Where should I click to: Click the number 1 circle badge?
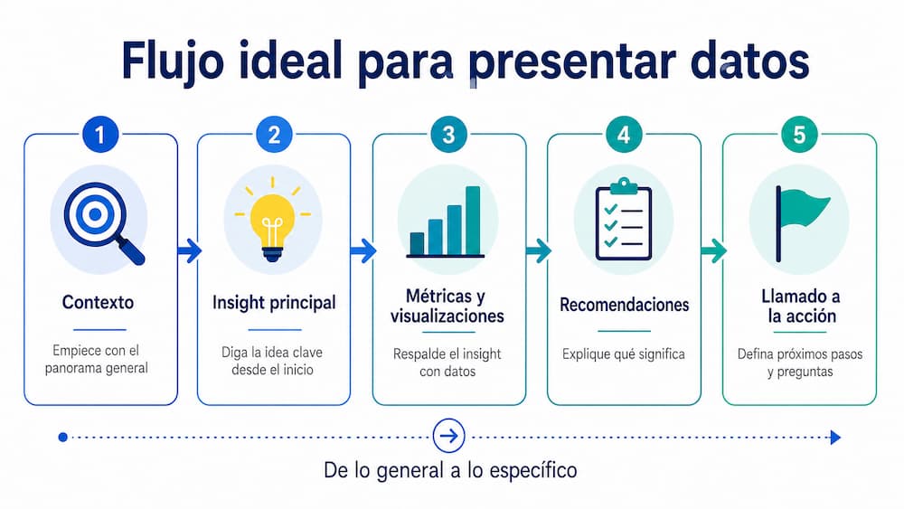[100, 136]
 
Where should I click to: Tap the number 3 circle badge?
[449, 136]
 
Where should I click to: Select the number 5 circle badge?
[799, 136]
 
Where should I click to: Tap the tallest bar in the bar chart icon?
[473, 220]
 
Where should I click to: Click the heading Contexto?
[99, 303]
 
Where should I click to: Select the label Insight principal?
[274, 303]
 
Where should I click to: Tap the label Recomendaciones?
[624, 305]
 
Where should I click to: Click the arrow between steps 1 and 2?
[188, 250]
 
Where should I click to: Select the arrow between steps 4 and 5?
[712, 250]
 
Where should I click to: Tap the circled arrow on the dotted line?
[448, 437]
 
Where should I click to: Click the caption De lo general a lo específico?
[449, 470]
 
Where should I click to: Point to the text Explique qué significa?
[624, 354]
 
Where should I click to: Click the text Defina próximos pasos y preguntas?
[799, 363]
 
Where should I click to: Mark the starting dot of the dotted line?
[62, 437]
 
